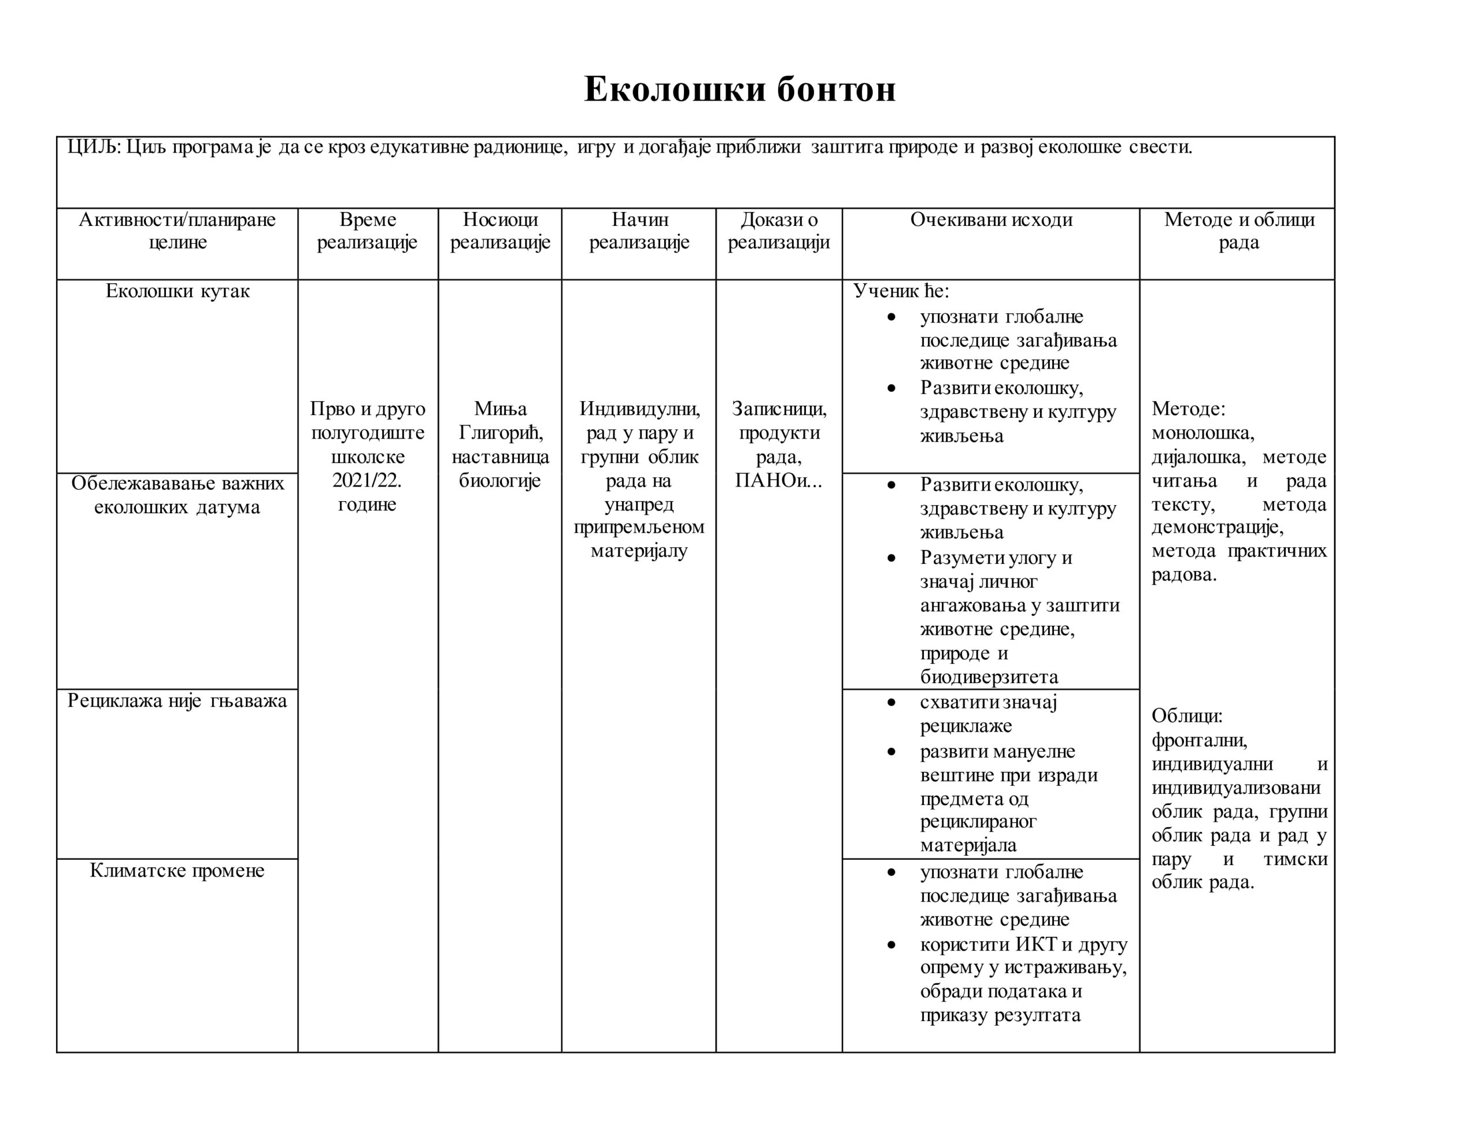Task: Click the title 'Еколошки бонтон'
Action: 739,90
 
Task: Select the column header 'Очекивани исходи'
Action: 991,220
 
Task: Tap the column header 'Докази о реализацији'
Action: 779,231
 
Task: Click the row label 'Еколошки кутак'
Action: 177,291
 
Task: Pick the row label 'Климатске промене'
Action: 177,871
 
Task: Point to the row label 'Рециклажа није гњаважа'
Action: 177,700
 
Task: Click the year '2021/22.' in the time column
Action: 367,480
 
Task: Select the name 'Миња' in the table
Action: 500,409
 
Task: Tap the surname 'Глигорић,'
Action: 500,432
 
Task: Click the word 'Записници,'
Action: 779,409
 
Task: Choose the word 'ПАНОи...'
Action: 779,480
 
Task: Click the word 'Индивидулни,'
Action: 639,409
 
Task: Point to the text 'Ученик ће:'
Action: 901,291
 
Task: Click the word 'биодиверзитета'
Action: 989,677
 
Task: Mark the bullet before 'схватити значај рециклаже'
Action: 891,703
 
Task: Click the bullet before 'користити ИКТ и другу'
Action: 891,944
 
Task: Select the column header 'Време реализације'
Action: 367,231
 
